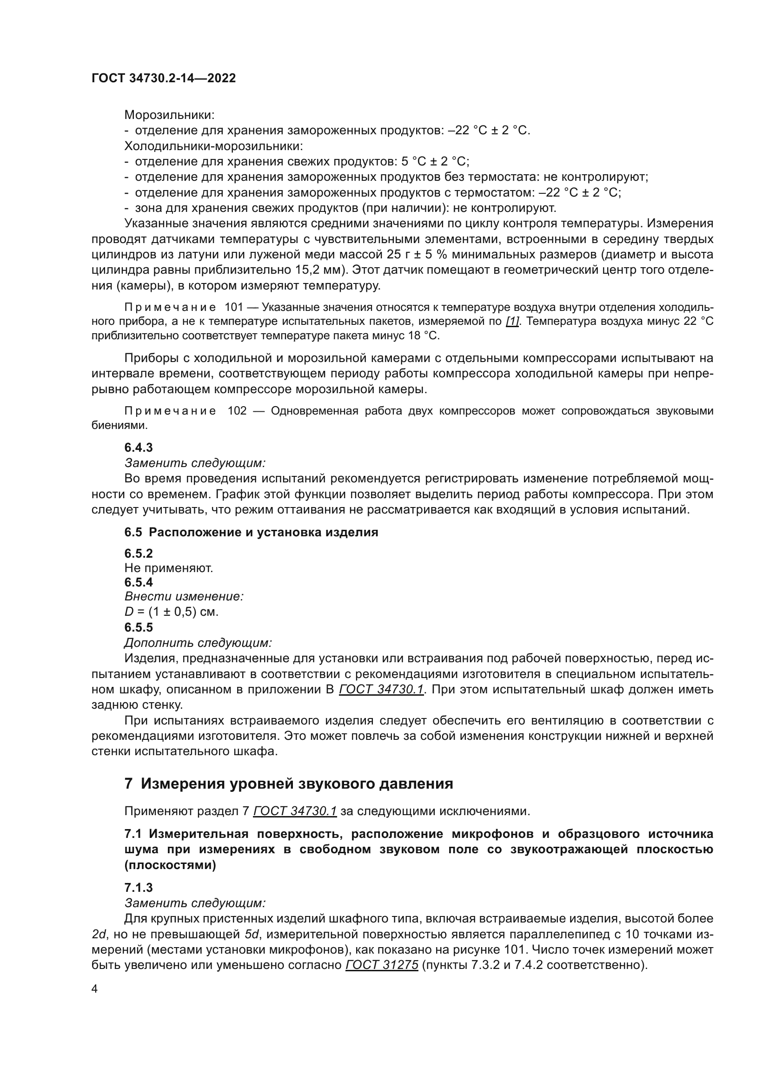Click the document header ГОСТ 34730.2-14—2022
coord(163,78)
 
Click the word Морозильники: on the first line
coord(170,115)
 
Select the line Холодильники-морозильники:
coord(213,146)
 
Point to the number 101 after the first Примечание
coord(233,307)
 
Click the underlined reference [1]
coord(512,322)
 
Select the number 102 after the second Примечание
coord(237,411)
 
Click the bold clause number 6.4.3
coord(138,448)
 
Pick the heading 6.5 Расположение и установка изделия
coord(251,532)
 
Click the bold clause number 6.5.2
coord(138,553)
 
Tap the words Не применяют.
coord(169,567)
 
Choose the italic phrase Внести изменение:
coord(184,597)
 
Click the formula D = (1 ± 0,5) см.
coord(172,612)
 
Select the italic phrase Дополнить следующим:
coord(198,643)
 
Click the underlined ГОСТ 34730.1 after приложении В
coord(381,690)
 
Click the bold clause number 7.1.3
coord(138,888)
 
